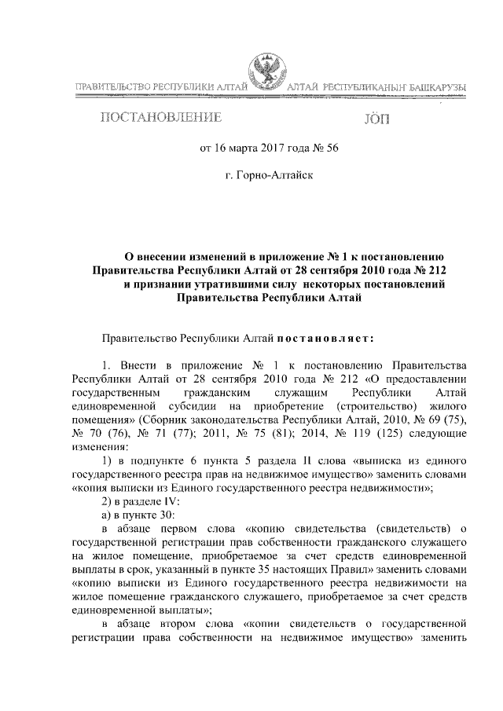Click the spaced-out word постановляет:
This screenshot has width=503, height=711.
(329, 338)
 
